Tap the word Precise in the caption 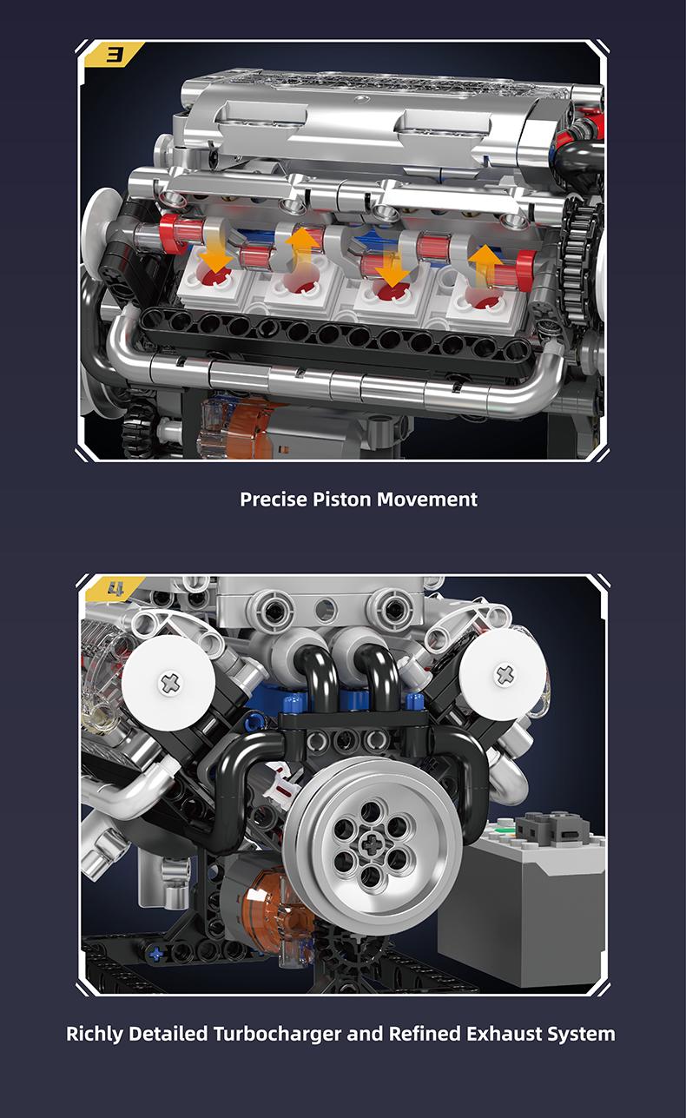273,499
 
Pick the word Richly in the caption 96,1034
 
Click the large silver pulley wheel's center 373,843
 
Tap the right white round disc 504,673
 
